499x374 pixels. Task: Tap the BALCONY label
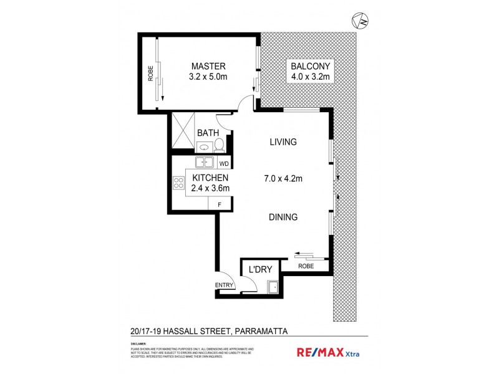pos(310,66)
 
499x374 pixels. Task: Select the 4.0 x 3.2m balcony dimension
pos(310,77)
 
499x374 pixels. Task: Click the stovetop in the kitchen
pos(178,183)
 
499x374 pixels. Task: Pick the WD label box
pos(223,164)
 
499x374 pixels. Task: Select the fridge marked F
pos(219,204)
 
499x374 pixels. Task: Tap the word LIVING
pos(283,142)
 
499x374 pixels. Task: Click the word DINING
pos(283,218)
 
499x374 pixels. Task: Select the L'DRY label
pos(260,270)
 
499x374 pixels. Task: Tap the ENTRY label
pos(224,285)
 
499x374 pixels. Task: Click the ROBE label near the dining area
pos(306,266)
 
